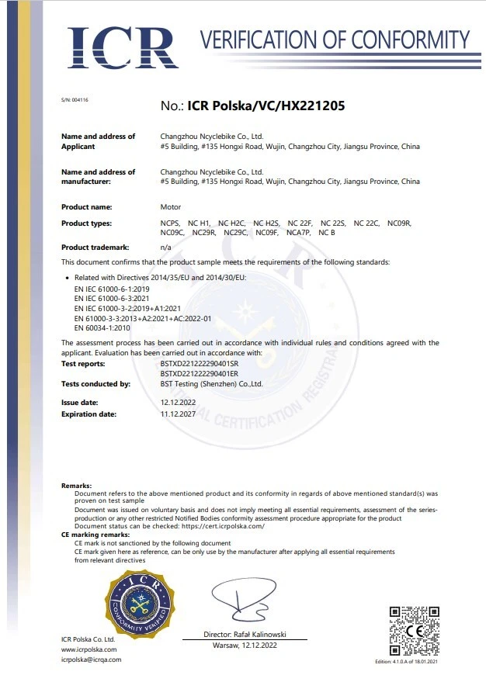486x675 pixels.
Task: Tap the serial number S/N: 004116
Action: [75, 101]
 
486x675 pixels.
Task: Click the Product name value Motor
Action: [170, 207]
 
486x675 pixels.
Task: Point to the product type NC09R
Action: [398, 223]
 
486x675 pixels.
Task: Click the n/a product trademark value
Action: [165, 247]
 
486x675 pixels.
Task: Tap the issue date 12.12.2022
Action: [179, 403]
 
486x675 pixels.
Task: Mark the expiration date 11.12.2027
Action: [179, 414]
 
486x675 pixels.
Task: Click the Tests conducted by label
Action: [95, 384]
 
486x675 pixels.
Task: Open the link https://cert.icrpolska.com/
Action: [218, 526]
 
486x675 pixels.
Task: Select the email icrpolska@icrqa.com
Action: [92, 659]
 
